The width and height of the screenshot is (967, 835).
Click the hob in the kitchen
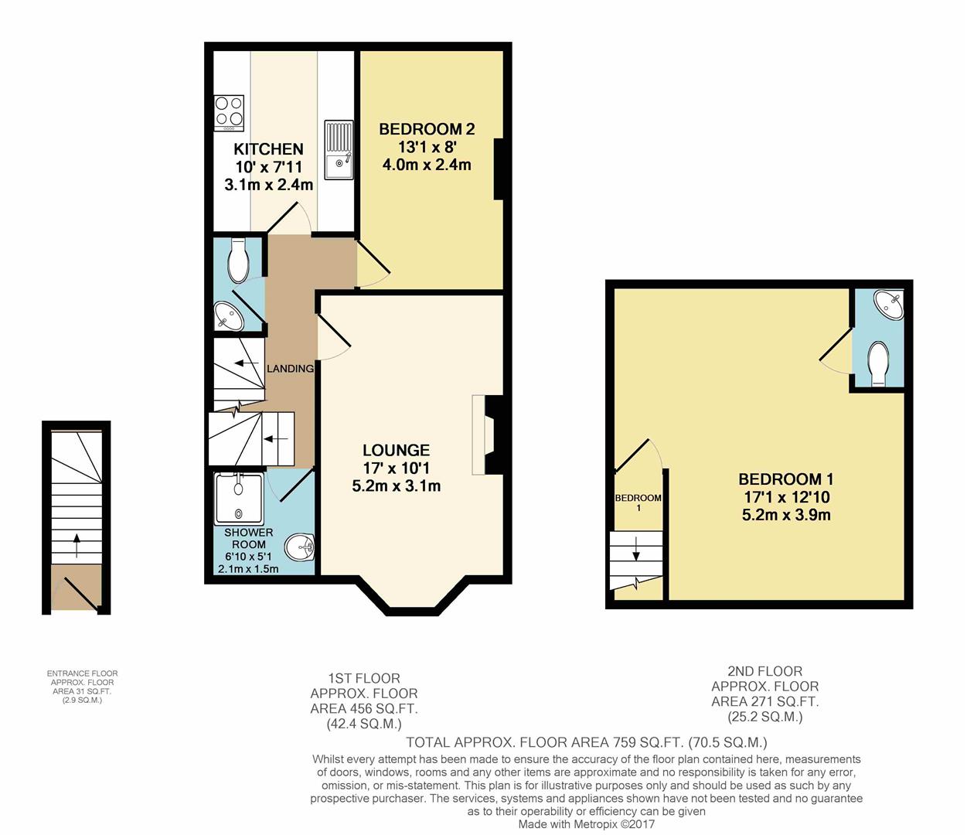click(230, 114)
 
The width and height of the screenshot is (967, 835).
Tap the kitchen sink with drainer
click(339, 149)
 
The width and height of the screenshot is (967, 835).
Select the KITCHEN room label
click(268, 149)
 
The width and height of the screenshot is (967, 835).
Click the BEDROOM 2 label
click(427, 129)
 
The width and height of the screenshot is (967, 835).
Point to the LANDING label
click(290, 369)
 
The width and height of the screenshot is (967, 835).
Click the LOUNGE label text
click(397, 450)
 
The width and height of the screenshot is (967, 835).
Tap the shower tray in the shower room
click(239, 499)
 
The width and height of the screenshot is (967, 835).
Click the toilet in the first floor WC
click(237, 260)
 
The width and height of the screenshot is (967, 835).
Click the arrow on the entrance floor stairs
click(77, 545)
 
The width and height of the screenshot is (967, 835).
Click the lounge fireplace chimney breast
click(494, 435)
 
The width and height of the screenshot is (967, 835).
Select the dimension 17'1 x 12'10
click(786, 497)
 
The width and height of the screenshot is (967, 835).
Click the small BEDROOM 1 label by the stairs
click(638, 503)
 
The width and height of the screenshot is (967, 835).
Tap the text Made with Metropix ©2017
click(587, 824)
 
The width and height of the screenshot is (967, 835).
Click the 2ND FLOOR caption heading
click(765, 672)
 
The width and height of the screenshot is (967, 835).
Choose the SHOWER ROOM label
click(248, 538)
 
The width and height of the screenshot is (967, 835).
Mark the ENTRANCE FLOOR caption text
click(83, 673)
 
